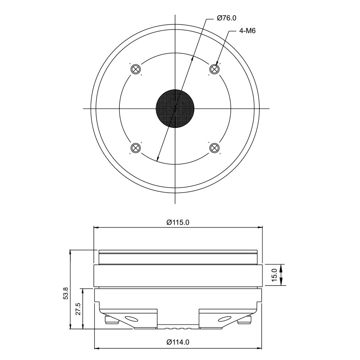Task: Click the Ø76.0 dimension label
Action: [x=226, y=18]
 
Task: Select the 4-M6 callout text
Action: [x=247, y=31]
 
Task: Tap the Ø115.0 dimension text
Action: [x=178, y=222]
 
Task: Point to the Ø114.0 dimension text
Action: [x=178, y=343]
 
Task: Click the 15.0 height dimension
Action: [x=274, y=275]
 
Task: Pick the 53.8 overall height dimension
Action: [x=66, y=293]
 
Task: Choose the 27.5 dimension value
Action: [x=78, y=309]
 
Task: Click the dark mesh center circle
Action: [x=175, y=108]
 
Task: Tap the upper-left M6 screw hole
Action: [x=135, y=69]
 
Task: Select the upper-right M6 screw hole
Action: [x=215, y=69]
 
